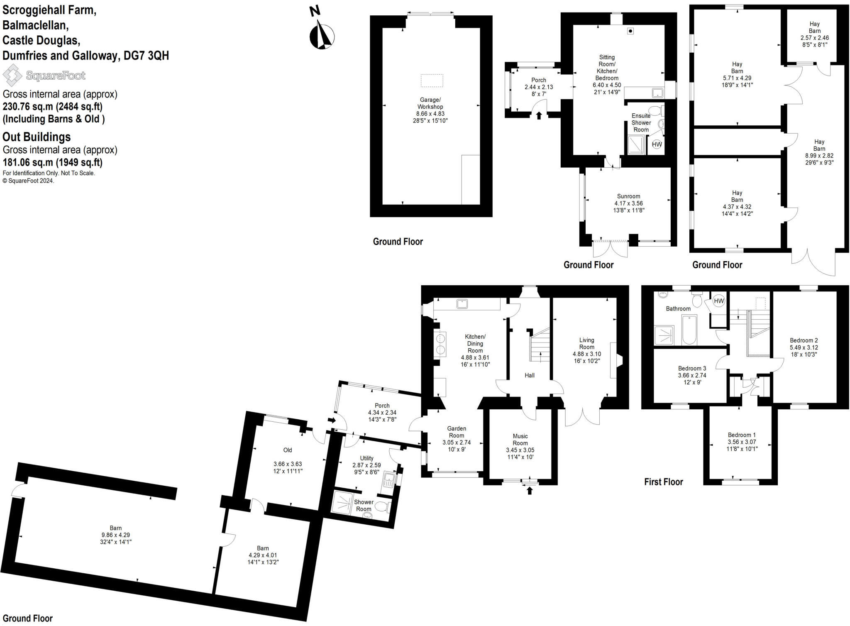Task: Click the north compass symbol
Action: point(322,35)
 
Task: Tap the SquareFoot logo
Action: point(44,76)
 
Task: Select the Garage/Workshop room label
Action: point(430,103)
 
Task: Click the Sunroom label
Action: point(628,196)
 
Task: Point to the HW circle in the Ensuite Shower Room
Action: point(657,144)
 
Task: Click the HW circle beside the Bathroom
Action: point(719,301)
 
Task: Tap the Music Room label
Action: point(520,439)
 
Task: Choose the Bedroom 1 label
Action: point(742,435)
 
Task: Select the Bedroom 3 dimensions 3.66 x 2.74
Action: point(692,375)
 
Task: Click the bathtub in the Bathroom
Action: point(689,330)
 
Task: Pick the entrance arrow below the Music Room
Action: point(530,491)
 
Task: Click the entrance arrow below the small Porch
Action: point(539,115)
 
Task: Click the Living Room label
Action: point(586,343)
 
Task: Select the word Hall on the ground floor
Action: point(529,375)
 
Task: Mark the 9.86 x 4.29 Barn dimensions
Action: point(115,535)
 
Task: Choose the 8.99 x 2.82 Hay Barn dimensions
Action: point(819,156)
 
